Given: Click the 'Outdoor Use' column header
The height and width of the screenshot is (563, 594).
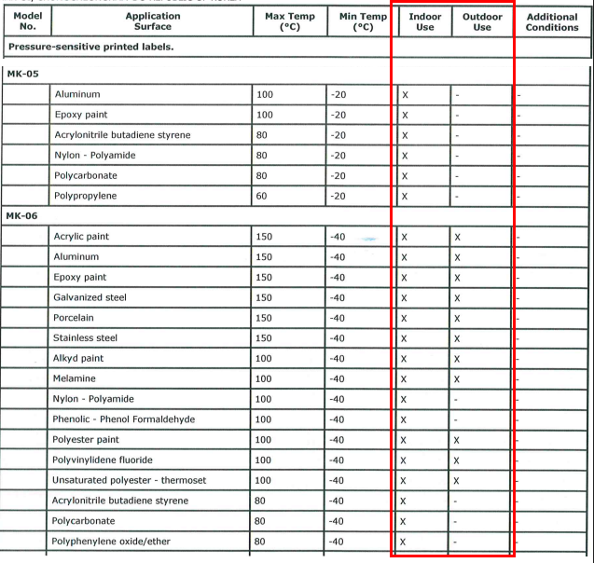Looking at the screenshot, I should (481, 21).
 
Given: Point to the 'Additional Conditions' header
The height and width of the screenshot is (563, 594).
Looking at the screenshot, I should (552, 21).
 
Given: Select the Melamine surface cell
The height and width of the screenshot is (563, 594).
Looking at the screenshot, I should (77, 378).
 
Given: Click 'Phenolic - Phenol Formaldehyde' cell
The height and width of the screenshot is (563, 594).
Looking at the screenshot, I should (124, 419).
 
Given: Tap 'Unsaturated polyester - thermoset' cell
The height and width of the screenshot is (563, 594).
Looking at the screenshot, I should (130, 480).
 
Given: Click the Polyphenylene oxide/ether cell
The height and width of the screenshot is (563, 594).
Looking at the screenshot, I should (111, 542).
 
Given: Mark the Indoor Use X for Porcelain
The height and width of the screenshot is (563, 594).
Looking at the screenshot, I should (405, 318).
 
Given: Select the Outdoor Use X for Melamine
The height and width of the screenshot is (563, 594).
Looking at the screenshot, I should (457, 379).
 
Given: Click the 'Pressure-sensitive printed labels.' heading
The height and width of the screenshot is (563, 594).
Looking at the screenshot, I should (90, 46).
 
